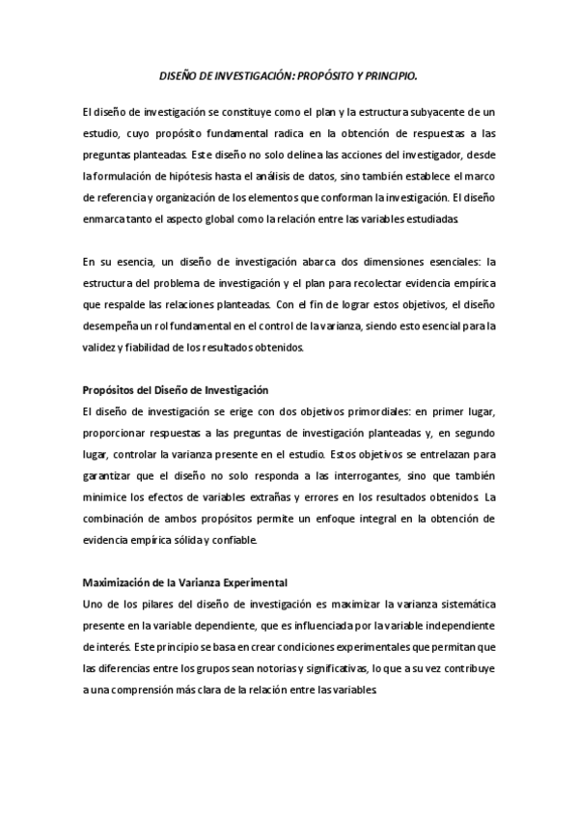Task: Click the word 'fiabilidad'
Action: pyautogui.click(x=150, y=347)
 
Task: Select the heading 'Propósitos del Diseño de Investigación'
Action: pyautogui.click(x=175, y=390)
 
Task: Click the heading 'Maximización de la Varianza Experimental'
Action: pyautogui.click(x=184, y=582)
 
